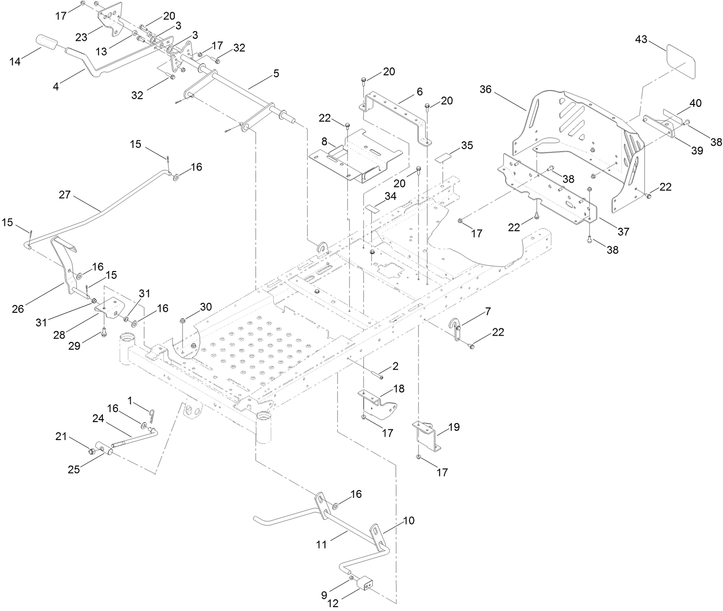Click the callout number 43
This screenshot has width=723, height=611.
(x=641, y=39)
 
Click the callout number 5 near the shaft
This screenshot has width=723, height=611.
(x=276, y=73)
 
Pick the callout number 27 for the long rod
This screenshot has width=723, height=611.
(x=65, y=195)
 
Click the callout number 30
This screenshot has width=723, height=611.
(x=206, y=307)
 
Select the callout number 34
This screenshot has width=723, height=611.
(x=390, y=196)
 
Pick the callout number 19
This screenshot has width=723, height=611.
(x=454, y=427)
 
